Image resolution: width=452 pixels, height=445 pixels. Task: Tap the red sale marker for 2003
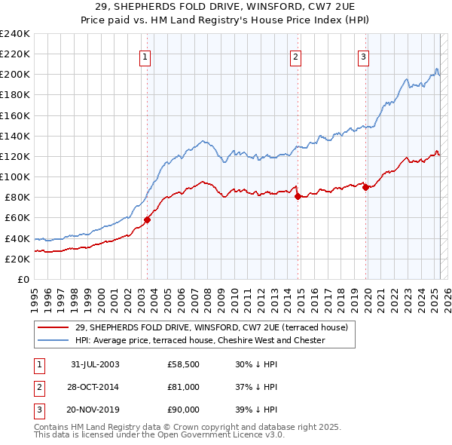[148, 219]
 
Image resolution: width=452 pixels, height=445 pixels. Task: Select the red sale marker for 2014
[298, 196]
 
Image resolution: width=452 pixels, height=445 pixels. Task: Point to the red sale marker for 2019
[365, 187]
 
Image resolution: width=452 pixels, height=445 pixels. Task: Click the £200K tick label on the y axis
[14, 75]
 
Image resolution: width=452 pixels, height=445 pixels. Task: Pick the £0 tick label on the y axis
[23, 279]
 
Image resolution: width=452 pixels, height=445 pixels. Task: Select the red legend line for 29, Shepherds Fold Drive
[53, 328]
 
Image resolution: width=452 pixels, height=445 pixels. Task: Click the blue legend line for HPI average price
[53, 341]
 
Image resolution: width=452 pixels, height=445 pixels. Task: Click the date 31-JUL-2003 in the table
[95, 364]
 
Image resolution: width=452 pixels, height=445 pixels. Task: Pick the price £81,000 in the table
[184, 387]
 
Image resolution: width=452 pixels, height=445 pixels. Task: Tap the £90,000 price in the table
[184, 410]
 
